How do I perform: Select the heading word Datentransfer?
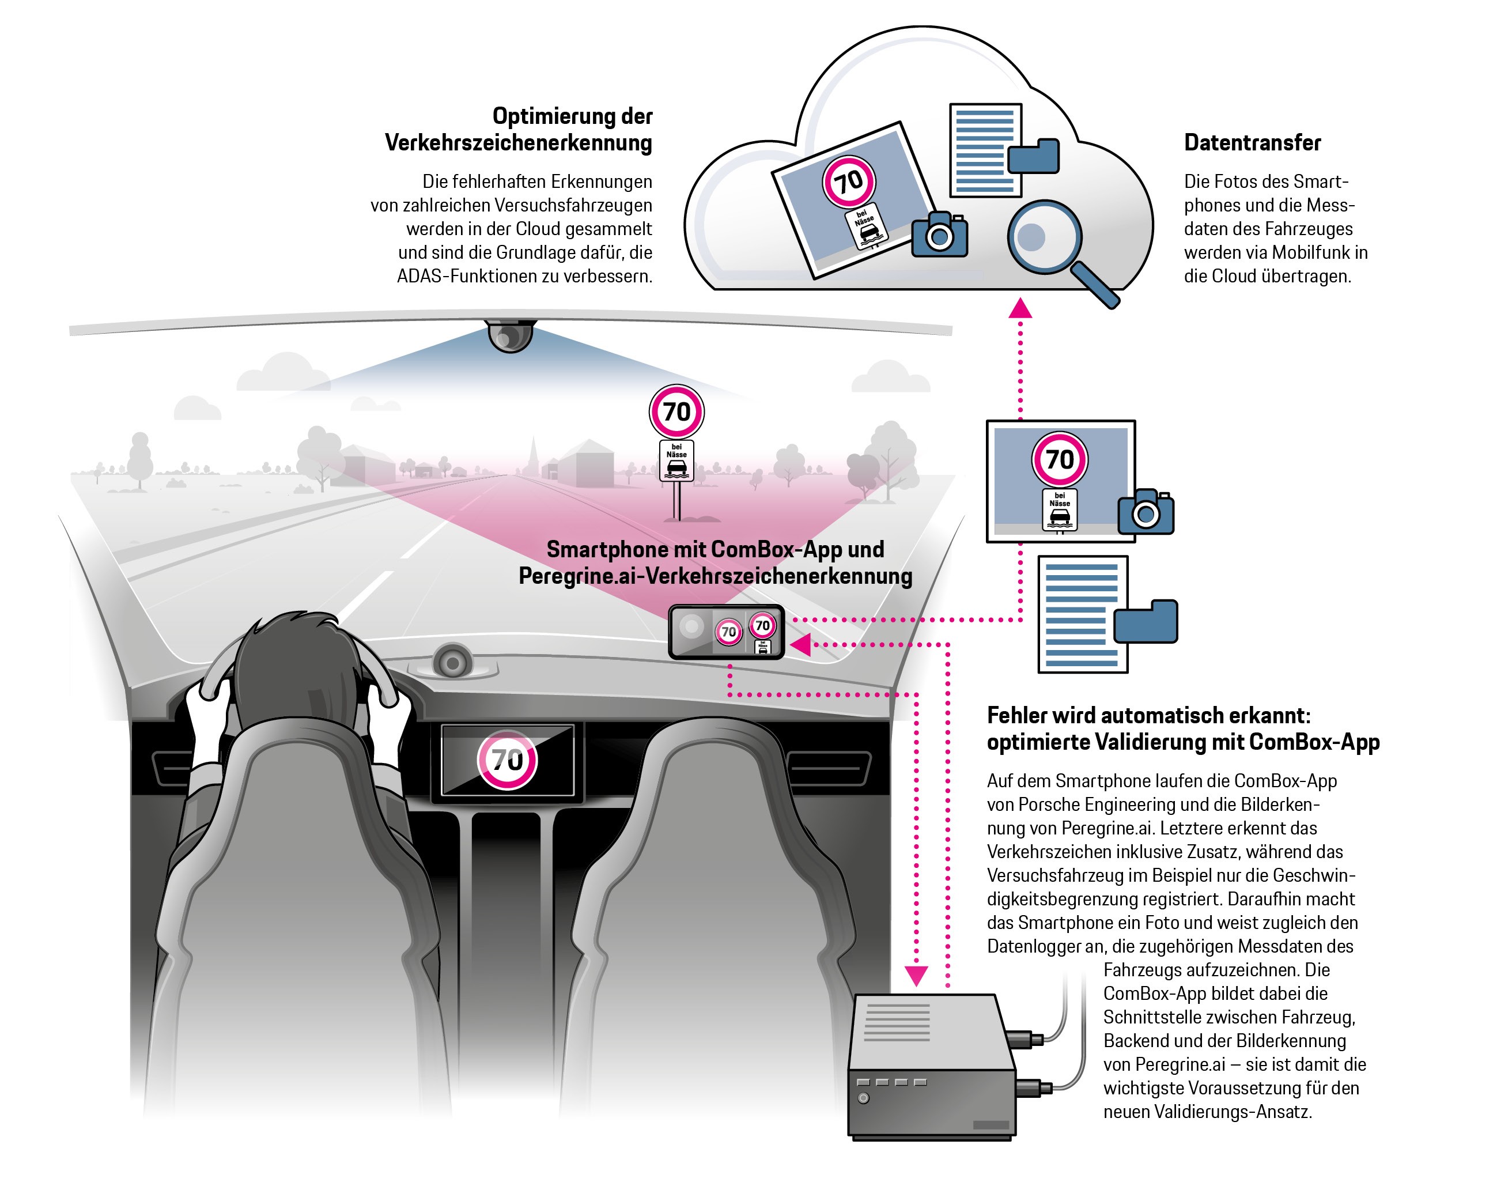point(1252,142)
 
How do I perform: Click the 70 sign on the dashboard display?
point(508,760)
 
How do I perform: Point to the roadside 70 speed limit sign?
point(676,412)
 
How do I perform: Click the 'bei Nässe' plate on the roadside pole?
point(676,460)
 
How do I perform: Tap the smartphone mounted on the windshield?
point(726,631)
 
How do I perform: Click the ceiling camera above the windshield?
point(511,336)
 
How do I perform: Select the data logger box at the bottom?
point(931,1066)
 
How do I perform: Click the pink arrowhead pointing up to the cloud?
point(1020,308)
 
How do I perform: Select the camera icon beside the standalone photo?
point(1146,512)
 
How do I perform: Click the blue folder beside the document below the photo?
point(1146,621)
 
